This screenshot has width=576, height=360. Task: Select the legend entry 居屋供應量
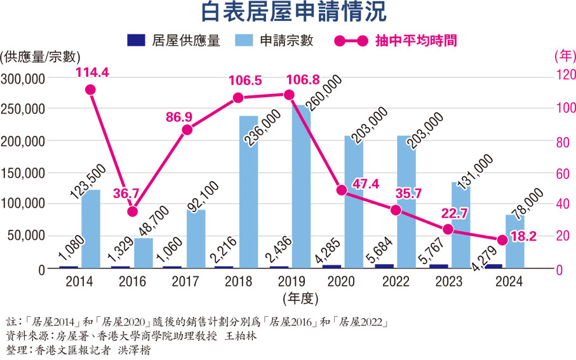(x=173, y=41)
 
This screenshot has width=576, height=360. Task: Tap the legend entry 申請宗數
(x=274, y=41)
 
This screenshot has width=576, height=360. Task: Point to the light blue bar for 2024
(x=514, y=241)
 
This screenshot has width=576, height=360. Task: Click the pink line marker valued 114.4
(x=90, y=90)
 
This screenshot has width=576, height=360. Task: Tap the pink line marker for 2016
(x=132, y=211)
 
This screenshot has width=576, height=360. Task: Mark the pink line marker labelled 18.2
(x=502, y=240)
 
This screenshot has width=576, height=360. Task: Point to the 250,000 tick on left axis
(x=22, y=109)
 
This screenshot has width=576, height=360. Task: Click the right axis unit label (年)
(x=563, y=56)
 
